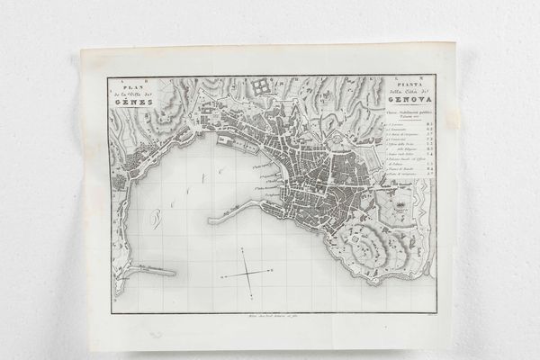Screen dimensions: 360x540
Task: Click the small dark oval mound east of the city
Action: tap(400, 209)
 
